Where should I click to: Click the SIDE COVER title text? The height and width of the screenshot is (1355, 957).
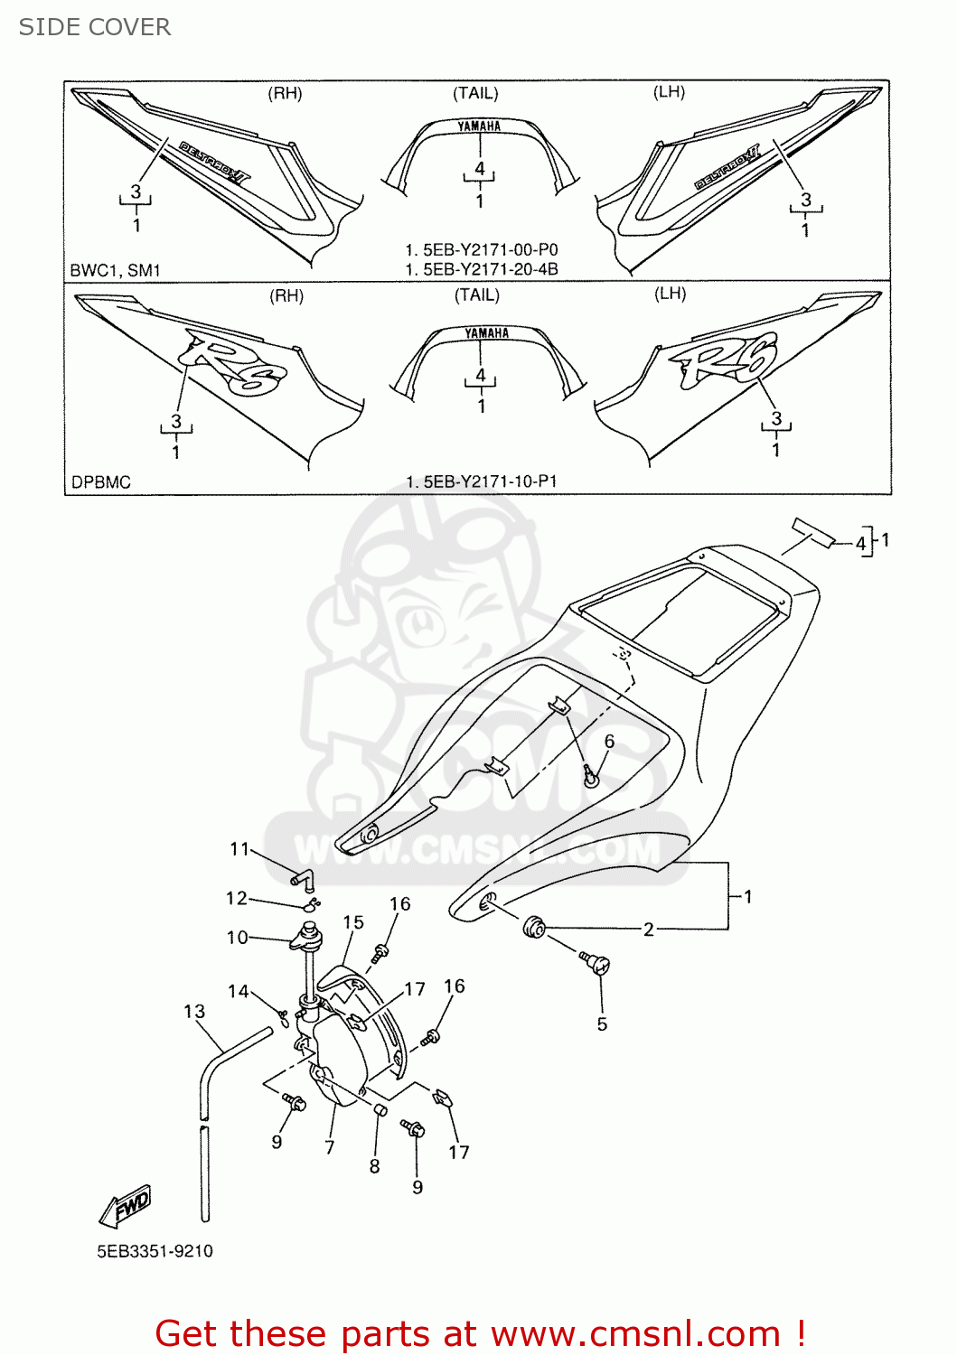(x=95, y=27)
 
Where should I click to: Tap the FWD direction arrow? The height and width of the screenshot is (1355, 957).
(x=126, y=1207)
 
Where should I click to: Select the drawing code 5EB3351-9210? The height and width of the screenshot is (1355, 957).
(x=155, y=1251)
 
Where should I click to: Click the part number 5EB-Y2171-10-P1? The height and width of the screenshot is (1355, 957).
(x=482, y=481)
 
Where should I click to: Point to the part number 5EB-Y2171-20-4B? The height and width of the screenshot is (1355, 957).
(x=482, y=269)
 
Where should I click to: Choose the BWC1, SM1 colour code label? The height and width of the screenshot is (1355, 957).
(x=116, y=270)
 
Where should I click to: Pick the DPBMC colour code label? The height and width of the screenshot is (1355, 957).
(x=101, y=482)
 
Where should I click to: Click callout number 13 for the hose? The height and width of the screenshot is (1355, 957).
(x=194, y=1012)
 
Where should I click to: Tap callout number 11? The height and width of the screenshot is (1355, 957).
(x=239, y=849)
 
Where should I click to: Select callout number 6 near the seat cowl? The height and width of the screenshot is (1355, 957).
(x=609, y=742)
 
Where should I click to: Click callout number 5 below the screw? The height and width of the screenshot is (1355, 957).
(x=602, y=1024)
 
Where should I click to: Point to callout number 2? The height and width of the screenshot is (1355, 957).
(x=648, y=930)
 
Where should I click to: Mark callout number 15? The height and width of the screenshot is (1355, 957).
(x=353, y=922)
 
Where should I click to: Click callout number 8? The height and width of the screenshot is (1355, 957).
(x=375, y=1167)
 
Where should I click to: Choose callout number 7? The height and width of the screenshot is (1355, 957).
(x=330, y=1148)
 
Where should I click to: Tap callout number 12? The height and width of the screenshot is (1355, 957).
(x=236, y=898)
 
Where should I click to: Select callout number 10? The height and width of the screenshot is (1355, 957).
(x=237, y=938)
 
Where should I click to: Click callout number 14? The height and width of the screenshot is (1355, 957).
(x=238, y=992)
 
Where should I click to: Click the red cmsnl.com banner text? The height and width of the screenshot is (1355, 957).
(x=480, y=1333)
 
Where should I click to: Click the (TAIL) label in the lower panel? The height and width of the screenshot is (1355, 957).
(x=477, y=295)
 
